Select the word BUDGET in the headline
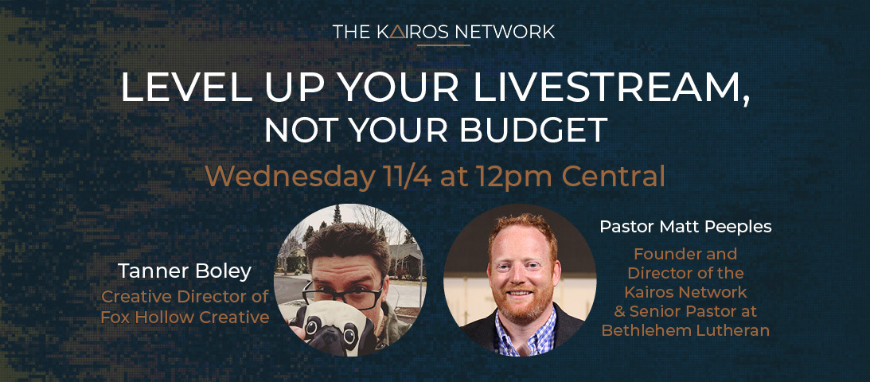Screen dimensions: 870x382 pos(534,130)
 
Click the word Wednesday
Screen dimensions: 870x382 pos(288,177)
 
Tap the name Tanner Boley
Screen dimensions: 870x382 pos(185,271)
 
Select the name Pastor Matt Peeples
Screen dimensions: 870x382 pos(685,228)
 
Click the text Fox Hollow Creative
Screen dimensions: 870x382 pos(185,317)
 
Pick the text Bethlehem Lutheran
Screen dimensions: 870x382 pos(685,331)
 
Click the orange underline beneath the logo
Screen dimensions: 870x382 pos(443,45)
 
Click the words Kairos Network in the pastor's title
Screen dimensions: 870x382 pos(685,291)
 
